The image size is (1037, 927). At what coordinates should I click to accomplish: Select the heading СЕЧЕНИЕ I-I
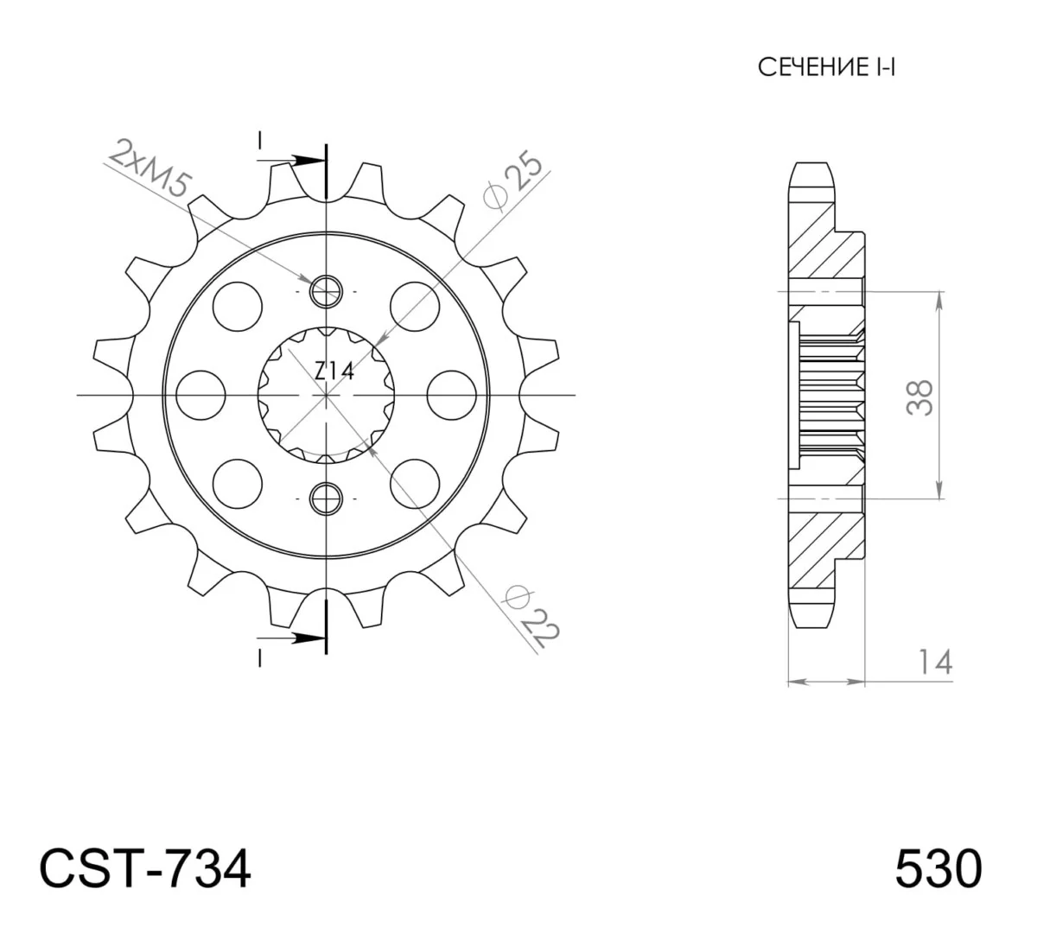(x=826, y=67)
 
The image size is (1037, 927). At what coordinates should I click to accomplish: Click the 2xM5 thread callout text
(x=150, y=168)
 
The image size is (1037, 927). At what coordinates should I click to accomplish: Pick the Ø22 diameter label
(x=531, y=616)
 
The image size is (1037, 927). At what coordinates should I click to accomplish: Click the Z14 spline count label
(x=334, y=371)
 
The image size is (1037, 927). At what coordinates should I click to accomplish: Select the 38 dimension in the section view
(x=919, y=397)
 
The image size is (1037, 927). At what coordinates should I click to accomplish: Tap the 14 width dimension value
(x=935, y=663)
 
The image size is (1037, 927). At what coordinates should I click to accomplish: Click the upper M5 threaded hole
(x=326, y=292)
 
